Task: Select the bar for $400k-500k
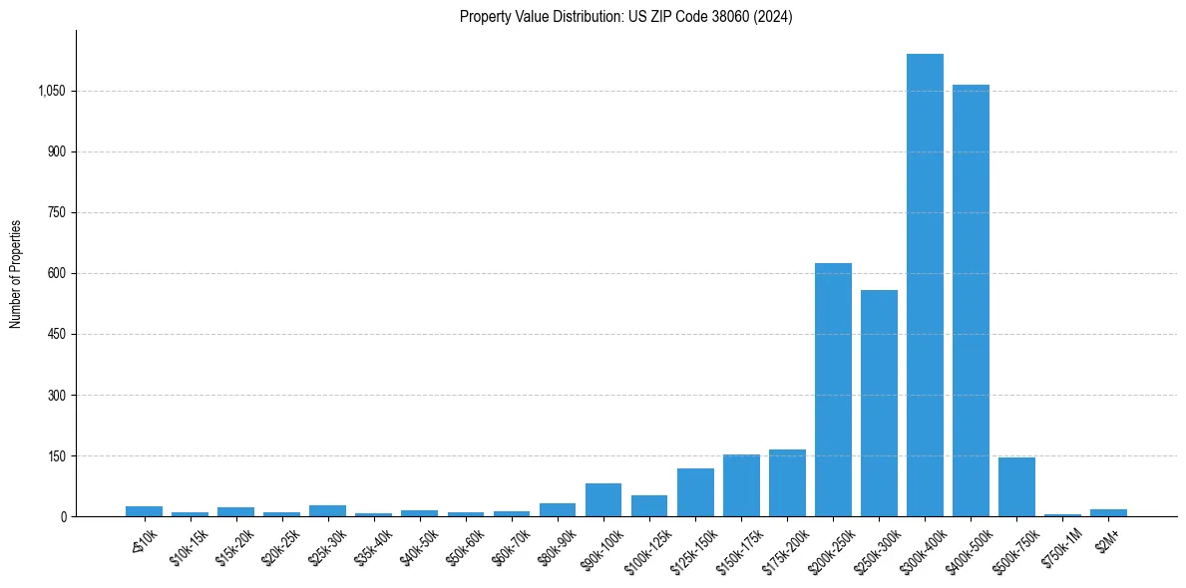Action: coord(971,300)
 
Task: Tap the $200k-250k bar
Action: coord(833,390)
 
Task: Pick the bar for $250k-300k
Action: coord(879,403)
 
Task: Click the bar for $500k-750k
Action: coord(1016,486)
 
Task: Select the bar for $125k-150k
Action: coord(695,492)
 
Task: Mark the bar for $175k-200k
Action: coord(787,483)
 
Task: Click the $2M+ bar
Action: coord(1108,512)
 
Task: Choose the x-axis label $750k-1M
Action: coord(1064,545)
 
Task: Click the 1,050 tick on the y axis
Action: coord(51,91)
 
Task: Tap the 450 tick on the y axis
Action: coord(56,334)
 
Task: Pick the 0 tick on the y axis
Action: coord(63,516)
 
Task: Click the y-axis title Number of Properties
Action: coord(16,273)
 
